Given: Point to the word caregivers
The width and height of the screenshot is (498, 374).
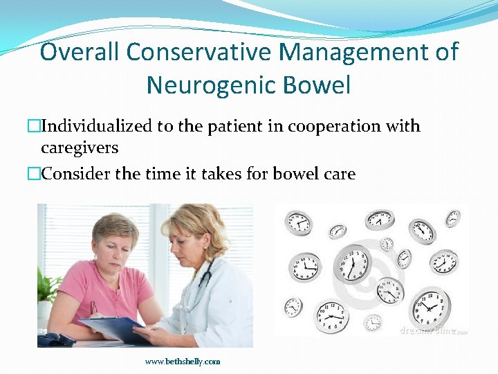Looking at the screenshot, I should [x=80, y=148].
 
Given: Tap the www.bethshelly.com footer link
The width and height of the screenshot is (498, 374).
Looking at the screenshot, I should [x=183, y=361].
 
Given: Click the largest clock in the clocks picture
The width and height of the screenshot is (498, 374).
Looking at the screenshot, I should [x=353, y=266].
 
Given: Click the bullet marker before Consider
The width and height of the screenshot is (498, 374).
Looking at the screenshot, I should [x=35, y=174].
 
